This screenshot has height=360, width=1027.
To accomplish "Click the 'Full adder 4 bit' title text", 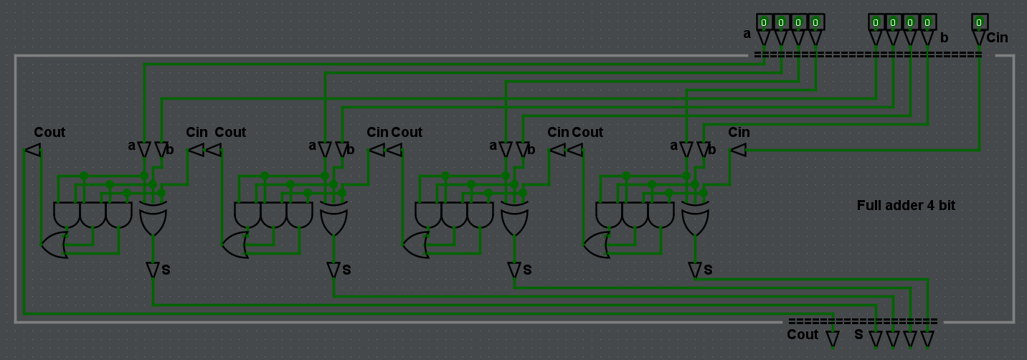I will coord(906,205).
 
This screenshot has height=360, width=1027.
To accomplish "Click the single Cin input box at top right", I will coord(979,22).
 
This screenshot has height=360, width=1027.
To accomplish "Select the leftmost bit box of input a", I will coord(764,22).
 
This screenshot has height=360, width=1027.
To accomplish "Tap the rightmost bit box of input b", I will coord(927,22).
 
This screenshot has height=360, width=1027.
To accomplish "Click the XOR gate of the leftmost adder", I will coord(153,219).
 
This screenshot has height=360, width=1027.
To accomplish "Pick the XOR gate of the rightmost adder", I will coord(695,219).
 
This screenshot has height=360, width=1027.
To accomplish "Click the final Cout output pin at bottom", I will coord(833,338).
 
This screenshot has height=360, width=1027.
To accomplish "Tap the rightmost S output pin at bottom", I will coord(927,338).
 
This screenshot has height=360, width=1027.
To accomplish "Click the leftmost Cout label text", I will coord(49,133).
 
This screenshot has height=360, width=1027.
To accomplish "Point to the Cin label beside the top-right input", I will coord(997,38).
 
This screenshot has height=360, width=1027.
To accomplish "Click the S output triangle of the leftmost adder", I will coord(153,270).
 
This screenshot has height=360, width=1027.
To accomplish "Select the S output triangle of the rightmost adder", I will coord(695,270).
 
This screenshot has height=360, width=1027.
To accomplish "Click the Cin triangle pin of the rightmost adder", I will coord(738,150).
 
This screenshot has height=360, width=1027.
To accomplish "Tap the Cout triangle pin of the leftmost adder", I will coord(32,150).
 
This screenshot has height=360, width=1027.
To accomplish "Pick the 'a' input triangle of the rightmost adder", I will coord(686,149).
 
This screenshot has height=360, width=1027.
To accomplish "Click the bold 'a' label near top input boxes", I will coord(747,34).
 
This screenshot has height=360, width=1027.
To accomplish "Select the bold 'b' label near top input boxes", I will coord(944,37).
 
